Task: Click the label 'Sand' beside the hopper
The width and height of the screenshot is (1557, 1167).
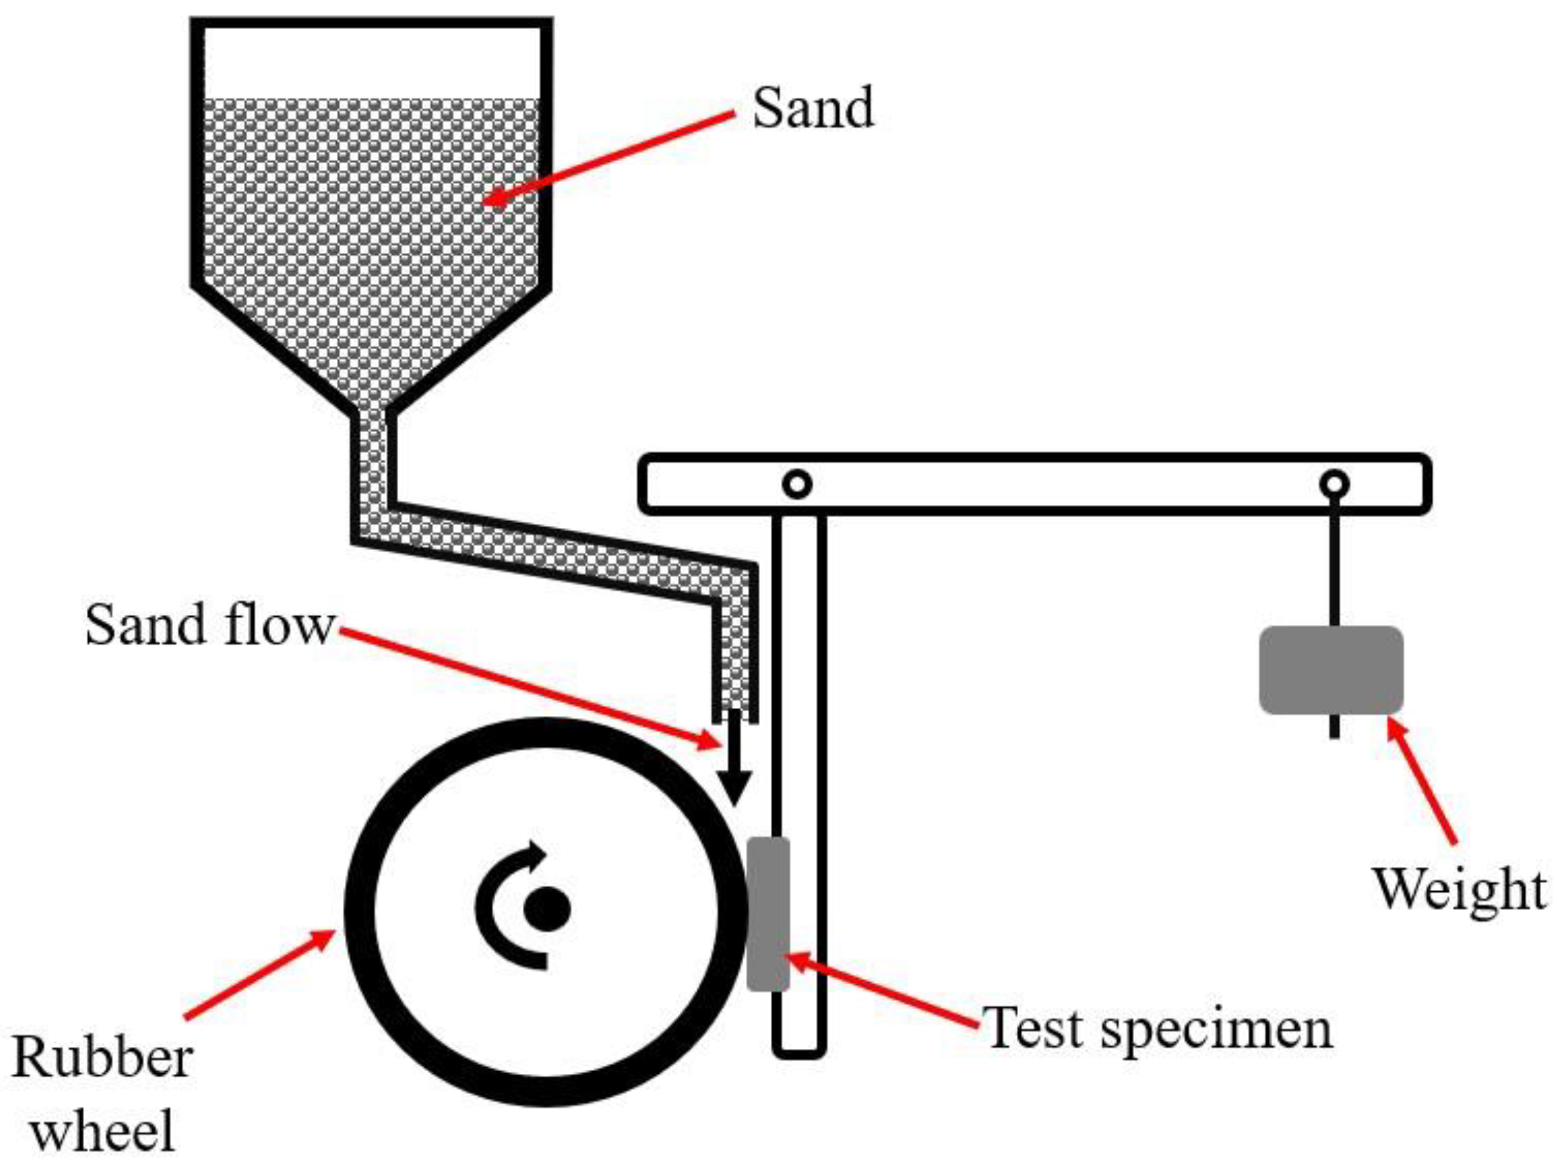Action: tap(813, 108)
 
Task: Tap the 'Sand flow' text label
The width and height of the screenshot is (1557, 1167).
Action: tap(208, 625)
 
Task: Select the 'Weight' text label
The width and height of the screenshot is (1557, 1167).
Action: tap(1460, 889)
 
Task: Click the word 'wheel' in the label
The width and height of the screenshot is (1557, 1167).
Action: tap(103, 1131)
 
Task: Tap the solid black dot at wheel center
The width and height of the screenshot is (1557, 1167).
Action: tap(547, 909)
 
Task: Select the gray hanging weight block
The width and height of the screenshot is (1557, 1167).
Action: tap(1331, 670)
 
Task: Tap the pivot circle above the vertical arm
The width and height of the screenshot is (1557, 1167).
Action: tap(797, 484)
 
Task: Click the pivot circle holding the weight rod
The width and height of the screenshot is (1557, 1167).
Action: tap(1334, 484)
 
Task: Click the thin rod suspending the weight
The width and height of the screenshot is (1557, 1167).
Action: tap(1334, 563)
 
